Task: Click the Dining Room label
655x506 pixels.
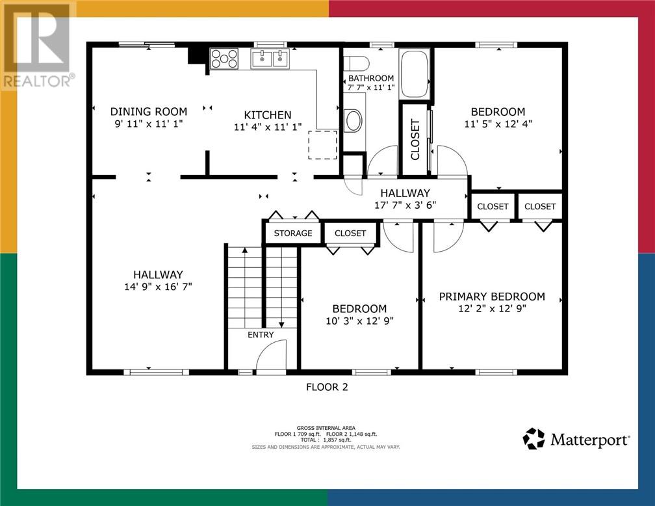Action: pos(149,112)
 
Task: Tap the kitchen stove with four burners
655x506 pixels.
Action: pos(224,59)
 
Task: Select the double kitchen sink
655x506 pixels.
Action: pos(270,58)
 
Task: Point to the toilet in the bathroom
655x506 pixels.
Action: pos(357,63)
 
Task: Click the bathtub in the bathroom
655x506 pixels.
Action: pos(415,74)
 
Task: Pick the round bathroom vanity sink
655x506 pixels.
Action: pos(353,120)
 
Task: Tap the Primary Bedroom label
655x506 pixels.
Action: pos(492,297)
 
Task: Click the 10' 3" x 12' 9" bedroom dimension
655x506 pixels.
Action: pos(360,321)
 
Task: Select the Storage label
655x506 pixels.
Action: pos(293,233)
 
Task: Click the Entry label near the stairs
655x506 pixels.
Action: pos(261,334)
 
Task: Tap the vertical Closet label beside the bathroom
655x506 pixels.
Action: pos(415,139)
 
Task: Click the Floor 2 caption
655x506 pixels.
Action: pos(327,387)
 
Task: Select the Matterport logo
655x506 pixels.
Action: pos(576,439)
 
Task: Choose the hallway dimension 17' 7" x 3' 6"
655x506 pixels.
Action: pos(405,205)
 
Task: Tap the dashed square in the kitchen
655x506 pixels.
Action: pos(322,144)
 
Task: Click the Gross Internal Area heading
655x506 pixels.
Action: pos(326,428)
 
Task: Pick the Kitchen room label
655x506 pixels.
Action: pos(268,115)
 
